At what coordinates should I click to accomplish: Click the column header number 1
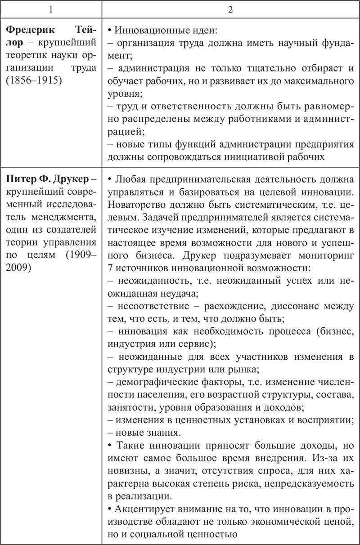tap(51, 9)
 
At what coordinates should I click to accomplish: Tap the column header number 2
tap(230, 9)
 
